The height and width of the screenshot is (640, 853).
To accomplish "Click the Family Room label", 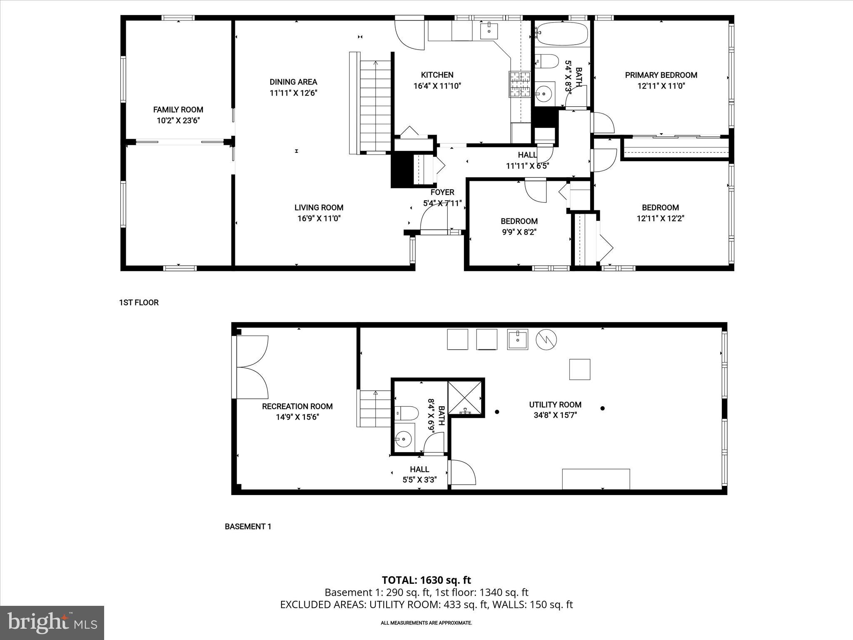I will [x=178, y=110].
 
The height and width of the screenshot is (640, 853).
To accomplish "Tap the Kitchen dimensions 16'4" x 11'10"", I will [x=437, y=86].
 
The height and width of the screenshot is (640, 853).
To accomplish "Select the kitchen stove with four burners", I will [x=519, y=84].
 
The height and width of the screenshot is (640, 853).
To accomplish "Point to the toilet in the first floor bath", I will [x=546, y=62].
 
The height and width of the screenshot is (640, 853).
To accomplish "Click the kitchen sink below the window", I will [x=489, y=30].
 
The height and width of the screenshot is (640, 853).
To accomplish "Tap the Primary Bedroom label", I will [x=661, y=75].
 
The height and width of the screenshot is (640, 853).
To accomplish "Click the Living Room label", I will [x=319, y=207].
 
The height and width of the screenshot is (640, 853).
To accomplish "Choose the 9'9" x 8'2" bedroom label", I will [x=519, y=221].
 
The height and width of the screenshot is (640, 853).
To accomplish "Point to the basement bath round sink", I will [x=403, y=438].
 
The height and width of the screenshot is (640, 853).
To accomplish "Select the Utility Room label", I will [x=555, y=405].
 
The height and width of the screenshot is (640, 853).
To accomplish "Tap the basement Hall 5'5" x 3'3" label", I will [x=419, y=470].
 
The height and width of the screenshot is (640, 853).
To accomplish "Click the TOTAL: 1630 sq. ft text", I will [x=426, y=580].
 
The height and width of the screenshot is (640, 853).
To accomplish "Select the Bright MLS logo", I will [x=52, y=622].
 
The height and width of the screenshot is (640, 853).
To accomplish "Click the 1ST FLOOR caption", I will [x=139, y=302].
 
